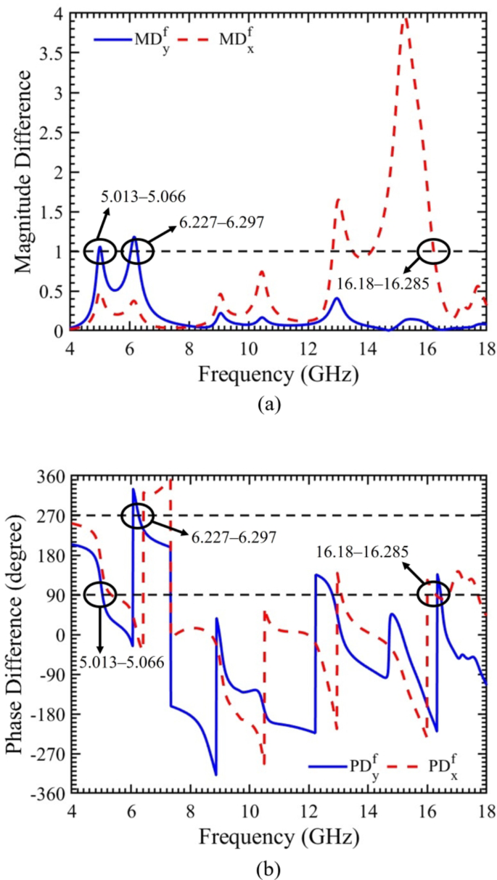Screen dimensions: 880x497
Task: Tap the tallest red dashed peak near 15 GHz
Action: (x=406, y=18)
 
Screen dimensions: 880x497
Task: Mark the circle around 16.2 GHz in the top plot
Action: (x=434, y=251)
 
